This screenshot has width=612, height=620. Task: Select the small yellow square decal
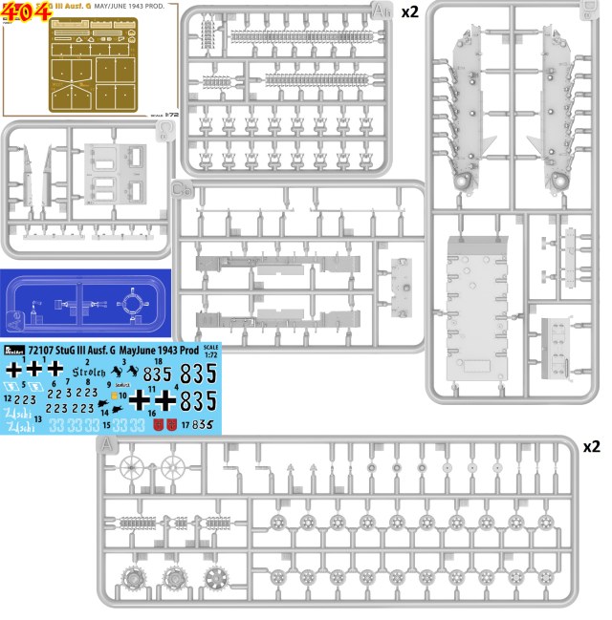(x=114, y=395)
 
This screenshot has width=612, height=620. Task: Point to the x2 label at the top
(x=407, y=11)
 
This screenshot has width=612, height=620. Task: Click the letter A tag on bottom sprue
(x=106, y=445)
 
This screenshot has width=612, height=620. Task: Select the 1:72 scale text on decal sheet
(x=211, y=352)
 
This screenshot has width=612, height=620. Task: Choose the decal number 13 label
(x=37, y=419)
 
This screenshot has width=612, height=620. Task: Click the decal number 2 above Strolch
(x=88, y=362)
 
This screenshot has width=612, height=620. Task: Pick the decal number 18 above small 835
(x=158, y=362)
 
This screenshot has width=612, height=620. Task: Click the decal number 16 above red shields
(x=153, y=412)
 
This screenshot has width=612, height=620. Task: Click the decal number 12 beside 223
(x=8, y=396)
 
